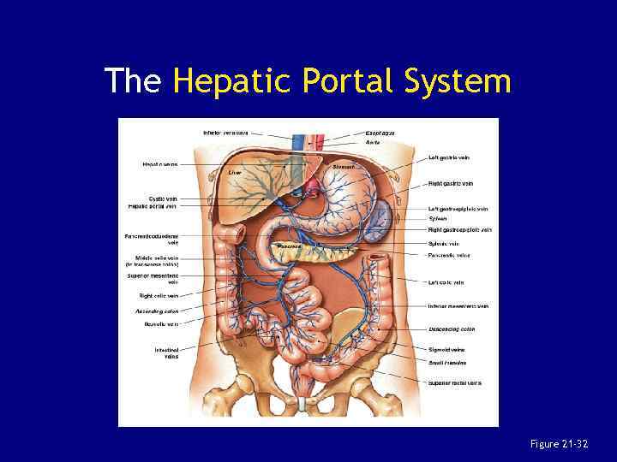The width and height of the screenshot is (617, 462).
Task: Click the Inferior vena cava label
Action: coord(225,133)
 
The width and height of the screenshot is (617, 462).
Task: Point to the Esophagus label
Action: coord(380,133)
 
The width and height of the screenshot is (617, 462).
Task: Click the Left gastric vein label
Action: coord(449,157)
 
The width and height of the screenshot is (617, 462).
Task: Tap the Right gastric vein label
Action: coord(451,183)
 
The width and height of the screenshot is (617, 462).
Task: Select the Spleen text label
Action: coord(438,218)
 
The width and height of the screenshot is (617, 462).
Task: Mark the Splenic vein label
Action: coord(444,244)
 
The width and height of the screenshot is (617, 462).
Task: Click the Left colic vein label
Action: coord(446,282)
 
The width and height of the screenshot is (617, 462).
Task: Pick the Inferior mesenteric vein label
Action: coord(458,306)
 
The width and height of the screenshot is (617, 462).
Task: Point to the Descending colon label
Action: coord(452,329)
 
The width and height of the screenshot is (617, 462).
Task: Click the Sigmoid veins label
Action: coord(446,350)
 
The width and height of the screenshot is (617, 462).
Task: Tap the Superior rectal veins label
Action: coord(455,382)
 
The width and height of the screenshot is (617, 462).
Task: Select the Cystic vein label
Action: coord(163,198)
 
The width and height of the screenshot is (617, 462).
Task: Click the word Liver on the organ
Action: coord(236,172)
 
